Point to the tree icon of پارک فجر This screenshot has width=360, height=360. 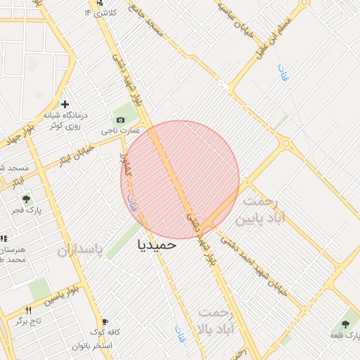tap(26, 200)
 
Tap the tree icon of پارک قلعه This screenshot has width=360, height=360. tap(345, 324)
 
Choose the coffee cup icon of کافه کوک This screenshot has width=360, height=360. tap(105, 321)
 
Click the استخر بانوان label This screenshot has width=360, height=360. tap(91, 347)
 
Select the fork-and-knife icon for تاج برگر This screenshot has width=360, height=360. tap(29, 310)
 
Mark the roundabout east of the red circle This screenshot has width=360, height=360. tap(285, 143)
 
